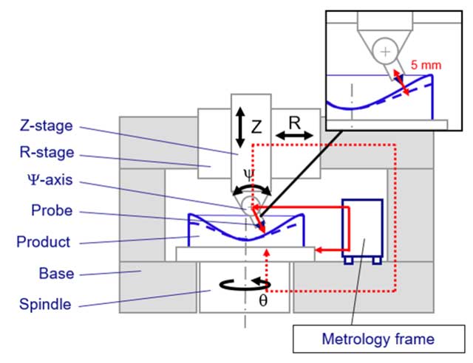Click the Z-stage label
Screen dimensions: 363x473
click(x=46, y=126)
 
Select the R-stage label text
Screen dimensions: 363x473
click(x=46, y=154)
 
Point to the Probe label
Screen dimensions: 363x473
click(x=52, y=211)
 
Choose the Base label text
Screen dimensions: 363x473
click(x=56, y=274)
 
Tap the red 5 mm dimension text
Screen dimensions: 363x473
click(x=426, y=64)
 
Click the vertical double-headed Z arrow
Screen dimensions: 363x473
click(x=239, y=125)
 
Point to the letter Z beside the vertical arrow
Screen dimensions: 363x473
click(x=256, y=126)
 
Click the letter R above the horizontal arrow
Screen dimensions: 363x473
click(x=293, y=122)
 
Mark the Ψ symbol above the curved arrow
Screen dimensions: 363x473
click(x=249, y=174)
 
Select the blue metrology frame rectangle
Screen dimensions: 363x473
click(x=361, y=227)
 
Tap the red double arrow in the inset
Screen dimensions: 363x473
click(x=400, y=83)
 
